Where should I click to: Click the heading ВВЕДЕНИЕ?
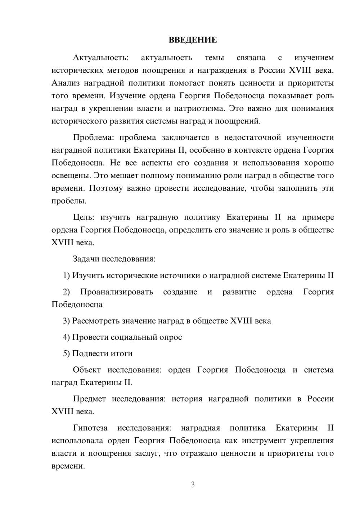193,40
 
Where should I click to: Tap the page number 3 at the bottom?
193,485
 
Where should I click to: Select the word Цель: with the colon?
84,217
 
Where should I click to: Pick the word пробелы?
69,201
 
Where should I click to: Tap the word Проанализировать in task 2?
117,292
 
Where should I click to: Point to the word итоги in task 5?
121,353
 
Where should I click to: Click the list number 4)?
66,337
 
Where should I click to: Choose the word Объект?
87,370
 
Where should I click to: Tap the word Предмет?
89,399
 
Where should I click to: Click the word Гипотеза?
90,428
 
